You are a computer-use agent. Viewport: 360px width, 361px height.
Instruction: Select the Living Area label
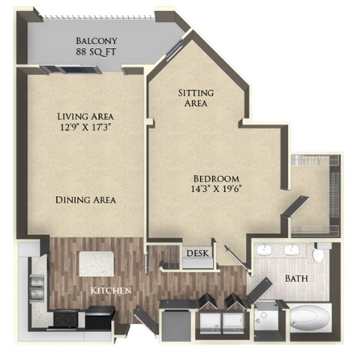[85, 116]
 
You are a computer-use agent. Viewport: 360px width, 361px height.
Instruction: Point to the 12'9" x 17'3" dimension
[85, 128]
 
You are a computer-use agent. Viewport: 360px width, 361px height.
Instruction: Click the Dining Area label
[85, 200]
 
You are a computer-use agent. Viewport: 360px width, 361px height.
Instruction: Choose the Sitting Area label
[195, 98]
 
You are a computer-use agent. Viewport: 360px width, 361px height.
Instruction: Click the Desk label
[196, 254]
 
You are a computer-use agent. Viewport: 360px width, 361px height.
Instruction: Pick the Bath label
[295, 278]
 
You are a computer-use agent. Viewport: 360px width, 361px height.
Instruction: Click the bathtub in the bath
[305, 318]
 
